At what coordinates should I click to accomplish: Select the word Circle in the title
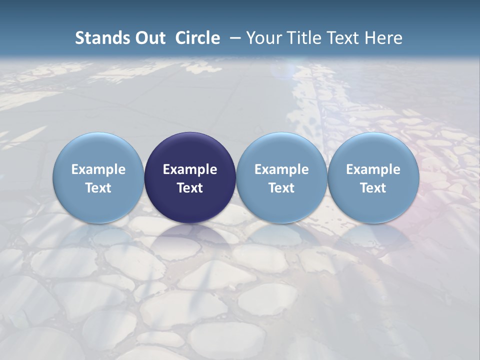point(197,38)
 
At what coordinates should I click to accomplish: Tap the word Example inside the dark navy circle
point(190,169)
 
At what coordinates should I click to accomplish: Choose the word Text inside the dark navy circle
point(190,188)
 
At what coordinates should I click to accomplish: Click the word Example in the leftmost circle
point(98,169)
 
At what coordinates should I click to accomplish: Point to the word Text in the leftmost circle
point(98,188)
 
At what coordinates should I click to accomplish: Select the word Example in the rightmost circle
point(373,169)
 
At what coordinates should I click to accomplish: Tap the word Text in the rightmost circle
point(373,188)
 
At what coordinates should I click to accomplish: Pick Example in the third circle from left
point(281,169)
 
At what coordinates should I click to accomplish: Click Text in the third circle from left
point(281,188)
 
